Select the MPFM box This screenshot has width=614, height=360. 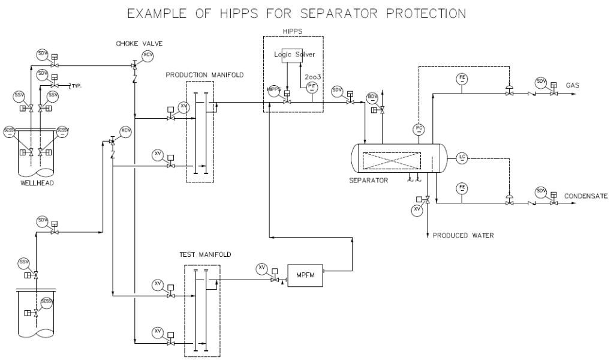tap(305, 274)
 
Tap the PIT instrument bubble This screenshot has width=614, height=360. tap(311, 86)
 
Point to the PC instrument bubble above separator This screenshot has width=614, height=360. tap(419, 128)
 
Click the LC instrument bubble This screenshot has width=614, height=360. tap(462, 158)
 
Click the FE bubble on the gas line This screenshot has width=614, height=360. tap(462, 79)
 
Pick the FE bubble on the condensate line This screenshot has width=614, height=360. tap(462, 187)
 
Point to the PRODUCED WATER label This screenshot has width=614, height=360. tap(463, 236)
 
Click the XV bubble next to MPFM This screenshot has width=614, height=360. tap(262, 268)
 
